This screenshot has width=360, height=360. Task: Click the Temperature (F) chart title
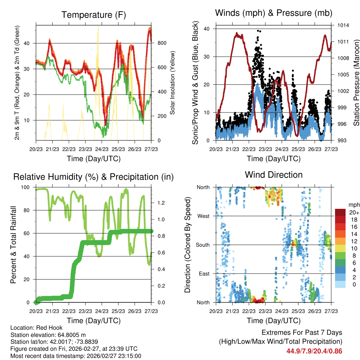[94, 15]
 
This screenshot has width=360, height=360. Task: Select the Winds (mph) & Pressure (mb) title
[274, 13]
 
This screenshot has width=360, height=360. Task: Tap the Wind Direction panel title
[274, 175]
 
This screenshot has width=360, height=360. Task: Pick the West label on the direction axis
[203, 216]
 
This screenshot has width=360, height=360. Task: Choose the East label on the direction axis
[204, 274]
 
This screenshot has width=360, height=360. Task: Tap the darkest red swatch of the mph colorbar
[340, 212]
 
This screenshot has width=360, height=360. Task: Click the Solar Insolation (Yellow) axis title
[173, 83]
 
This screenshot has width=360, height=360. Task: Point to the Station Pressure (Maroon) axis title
[356, 83]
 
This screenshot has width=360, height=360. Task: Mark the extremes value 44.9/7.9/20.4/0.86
[314, 351]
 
